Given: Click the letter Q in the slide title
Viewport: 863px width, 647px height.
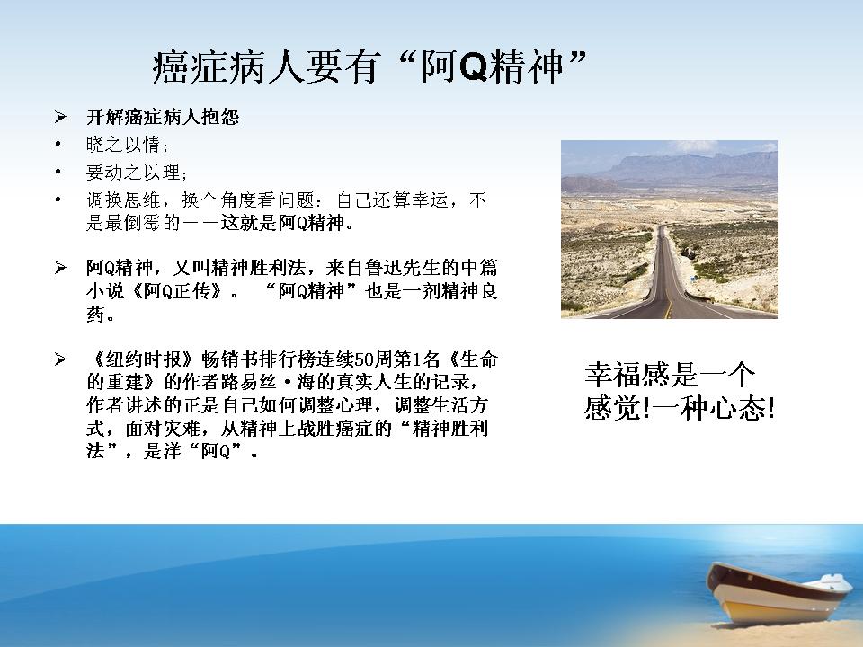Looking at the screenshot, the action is click(x=474, y=67).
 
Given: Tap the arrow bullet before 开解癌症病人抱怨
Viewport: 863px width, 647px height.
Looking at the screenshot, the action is click(x=60, y=117).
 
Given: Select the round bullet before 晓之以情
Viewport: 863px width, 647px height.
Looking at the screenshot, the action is click(x=58, y=145).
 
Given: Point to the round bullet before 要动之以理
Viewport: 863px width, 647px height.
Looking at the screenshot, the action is click(x=58, y=173).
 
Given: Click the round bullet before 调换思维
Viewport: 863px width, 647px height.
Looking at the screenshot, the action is click(x=58, y=199).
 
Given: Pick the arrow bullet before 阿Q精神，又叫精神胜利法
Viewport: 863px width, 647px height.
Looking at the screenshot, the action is click(x=60, y=268).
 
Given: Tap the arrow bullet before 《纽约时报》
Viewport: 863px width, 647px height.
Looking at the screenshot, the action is click(x=60, y=359).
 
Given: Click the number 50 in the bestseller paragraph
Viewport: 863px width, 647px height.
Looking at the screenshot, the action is click(x=363, y=359).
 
